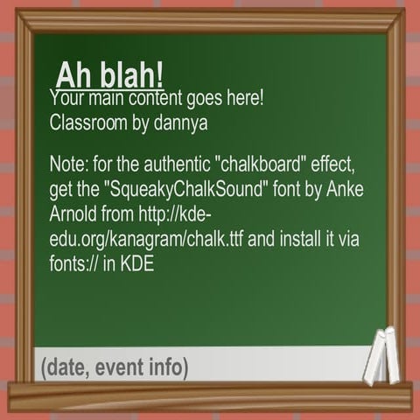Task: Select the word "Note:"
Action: pos(71,167)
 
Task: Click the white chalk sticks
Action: pos(381,356)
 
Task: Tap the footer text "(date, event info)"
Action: pos(114,367)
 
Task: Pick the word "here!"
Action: pos(244,98)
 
